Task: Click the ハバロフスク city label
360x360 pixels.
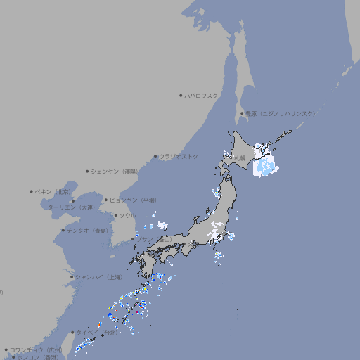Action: point(202,96)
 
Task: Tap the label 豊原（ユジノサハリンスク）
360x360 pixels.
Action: point(280,113)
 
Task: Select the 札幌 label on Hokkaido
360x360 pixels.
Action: point(240,158)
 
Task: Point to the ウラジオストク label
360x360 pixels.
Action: point(179,156)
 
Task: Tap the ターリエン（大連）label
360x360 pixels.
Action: point(71,208)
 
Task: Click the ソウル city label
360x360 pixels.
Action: point(127,215)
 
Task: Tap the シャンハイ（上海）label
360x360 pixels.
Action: point(98,277)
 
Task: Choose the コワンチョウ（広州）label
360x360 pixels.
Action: point(36,349)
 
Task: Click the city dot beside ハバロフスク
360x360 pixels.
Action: point(181,96)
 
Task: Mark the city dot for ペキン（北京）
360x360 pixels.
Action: point(32,191)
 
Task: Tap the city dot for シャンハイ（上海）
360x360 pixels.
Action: point(72,277)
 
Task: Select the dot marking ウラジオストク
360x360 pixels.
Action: point(155,156)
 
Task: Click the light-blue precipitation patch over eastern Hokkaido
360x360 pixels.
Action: point(264,166)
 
